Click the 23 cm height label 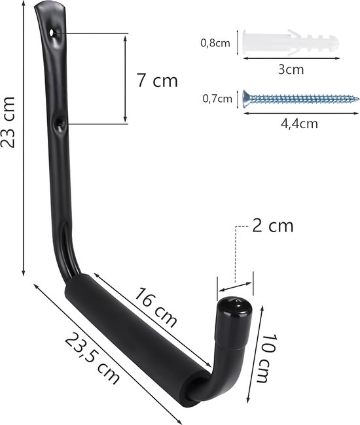pos(8,122)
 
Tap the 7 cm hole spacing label pos(157,80)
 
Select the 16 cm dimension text pos(156,308)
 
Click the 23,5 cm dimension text pos(92,358)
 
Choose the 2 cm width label pos(273,226)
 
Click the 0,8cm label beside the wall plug pos(215,42)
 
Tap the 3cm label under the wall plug pos(291,70)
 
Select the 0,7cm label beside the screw pos(217,99)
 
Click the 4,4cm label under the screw pos(299,124)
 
